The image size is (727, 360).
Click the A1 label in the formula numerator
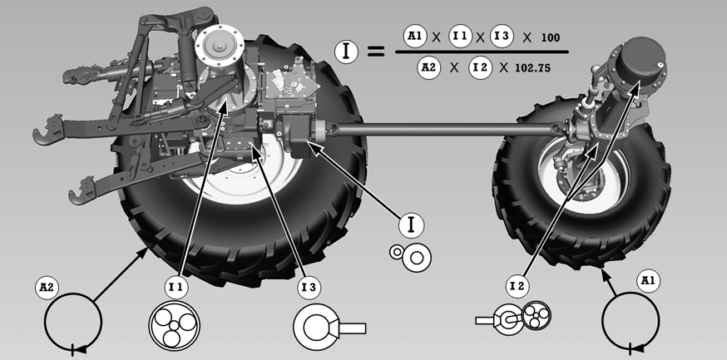click(414, 37)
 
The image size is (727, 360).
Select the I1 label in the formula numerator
click(460, 37)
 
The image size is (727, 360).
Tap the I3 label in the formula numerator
click(502, 37)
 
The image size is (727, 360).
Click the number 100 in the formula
click(551, 37)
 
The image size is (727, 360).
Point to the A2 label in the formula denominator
click(428, 67)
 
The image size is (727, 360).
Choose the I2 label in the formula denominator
click(480, 67)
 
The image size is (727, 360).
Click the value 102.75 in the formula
click(532, 68)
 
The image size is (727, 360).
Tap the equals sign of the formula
click(376, 52)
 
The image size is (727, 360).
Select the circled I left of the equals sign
click(346, 52)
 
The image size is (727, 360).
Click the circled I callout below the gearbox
click(411, 225)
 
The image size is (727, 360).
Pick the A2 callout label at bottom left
click(47, 288)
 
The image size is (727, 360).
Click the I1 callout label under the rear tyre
click(176, 288)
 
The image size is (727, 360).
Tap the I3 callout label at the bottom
click(309, 288)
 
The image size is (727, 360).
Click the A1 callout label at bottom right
click(648, 281)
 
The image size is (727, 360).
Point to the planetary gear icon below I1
click(175, 326)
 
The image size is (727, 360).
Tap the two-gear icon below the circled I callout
click(411, 257)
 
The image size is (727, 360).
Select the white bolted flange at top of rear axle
click(220, 46)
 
